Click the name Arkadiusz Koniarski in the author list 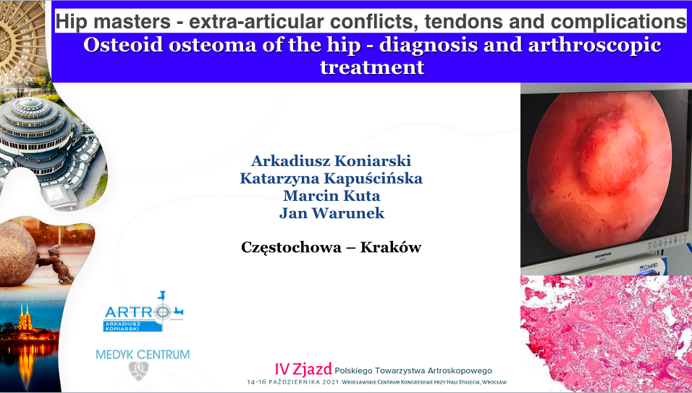pyautogui.click(x=331, y=160)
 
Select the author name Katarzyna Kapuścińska pyautogui.click(x=331, y=178)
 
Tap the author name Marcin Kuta pyautogui.click(x=332, y=195)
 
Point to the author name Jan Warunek pyautogui.click(x=332, y=213)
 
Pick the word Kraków pyautogui.click(x=391, y=247)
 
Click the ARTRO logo pyautogui.click(x=143, y=312)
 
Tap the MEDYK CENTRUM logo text pyautogui.click(x=143, y=355)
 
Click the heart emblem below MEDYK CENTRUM pyautogui.click(x=138, y=371)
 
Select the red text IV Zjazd pyautogui.click(x=303, y=369)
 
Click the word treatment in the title pyautogui.click(x=372, y=67)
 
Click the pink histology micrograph pyautogui.click(x=607, y=334)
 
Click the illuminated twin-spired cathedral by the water pyautogui.click(x=25, y=318)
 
